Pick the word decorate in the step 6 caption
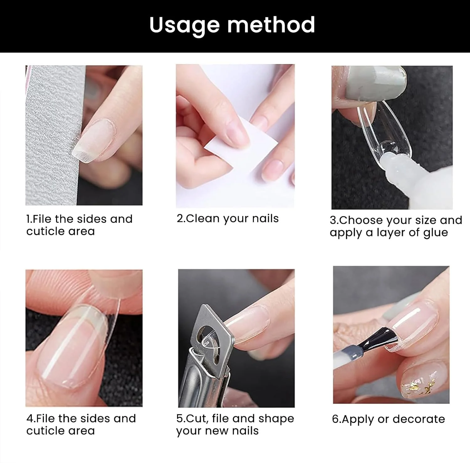pos(418,419)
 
